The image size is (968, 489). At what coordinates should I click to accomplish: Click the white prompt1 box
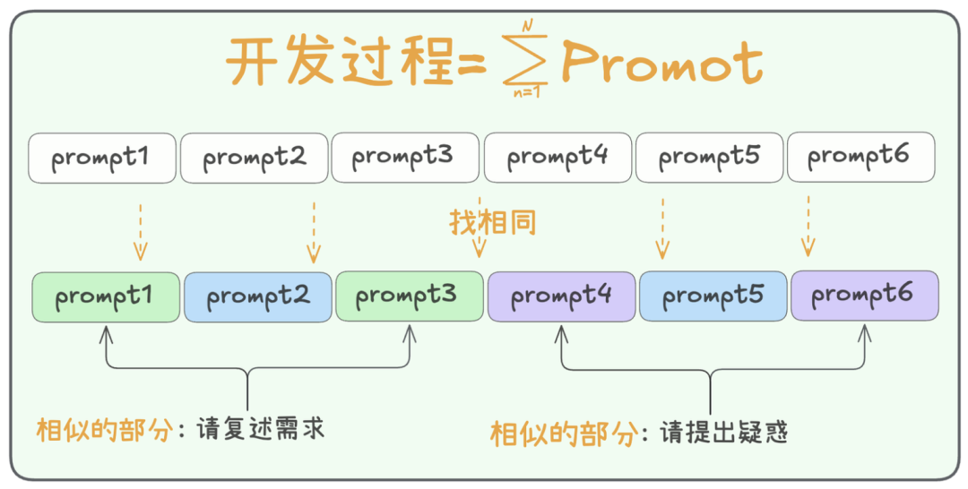point(102,158)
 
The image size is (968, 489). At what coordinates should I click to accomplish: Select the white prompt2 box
point(255,158)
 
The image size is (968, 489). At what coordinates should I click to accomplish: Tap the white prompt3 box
point(405,158)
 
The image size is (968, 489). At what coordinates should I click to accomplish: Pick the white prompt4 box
point(557,158)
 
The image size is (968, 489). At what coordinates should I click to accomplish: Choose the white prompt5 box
point(709,158)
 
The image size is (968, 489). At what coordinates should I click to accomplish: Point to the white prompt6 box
point(860,158)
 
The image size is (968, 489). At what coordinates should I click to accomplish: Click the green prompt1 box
point(106,296)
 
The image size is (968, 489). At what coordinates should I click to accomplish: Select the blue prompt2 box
point(258,296)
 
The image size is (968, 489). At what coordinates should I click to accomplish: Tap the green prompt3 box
point(409,296)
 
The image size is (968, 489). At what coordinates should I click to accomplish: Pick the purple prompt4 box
point(562,296)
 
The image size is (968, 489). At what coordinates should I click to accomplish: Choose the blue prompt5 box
point(713,296)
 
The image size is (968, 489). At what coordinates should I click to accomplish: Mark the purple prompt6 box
point(864,296)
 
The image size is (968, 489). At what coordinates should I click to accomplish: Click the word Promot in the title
point(661,63)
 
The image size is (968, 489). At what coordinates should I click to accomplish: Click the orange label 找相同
point(493,221)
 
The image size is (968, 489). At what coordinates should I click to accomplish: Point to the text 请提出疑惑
point(723,433)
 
